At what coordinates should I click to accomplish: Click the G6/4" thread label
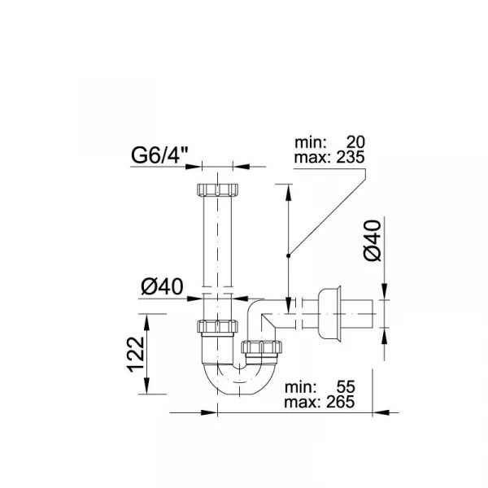tap(159, 155)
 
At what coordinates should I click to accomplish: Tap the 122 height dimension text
tap(136, 355)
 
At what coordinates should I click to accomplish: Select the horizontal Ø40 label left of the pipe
tap(162, 287)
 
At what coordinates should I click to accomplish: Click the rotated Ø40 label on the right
tap(373, 240)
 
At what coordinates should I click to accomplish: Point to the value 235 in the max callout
tap(350, 157)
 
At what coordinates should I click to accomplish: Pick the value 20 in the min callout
tap(355, 142)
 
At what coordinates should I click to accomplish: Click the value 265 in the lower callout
tap(341, 402)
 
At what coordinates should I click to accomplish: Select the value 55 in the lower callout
tap(346, 387)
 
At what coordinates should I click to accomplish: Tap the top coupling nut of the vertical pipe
tap(217, 190)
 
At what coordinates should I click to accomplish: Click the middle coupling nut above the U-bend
tap(217, 326)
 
